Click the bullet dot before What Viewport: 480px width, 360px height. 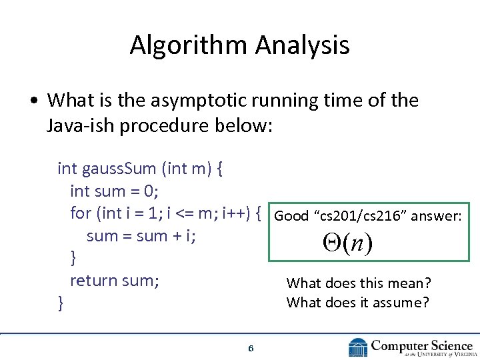33,101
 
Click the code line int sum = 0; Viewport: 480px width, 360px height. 114,191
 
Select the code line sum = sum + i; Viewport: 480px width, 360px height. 141,236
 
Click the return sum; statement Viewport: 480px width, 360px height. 114,281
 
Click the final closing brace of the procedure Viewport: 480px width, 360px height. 61,303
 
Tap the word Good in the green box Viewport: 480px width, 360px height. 291,215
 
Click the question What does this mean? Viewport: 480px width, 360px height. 359,283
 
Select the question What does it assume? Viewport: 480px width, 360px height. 358,303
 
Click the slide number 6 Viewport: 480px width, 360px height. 250,348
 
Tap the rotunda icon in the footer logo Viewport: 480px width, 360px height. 358,347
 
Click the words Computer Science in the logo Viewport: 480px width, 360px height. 421,345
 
